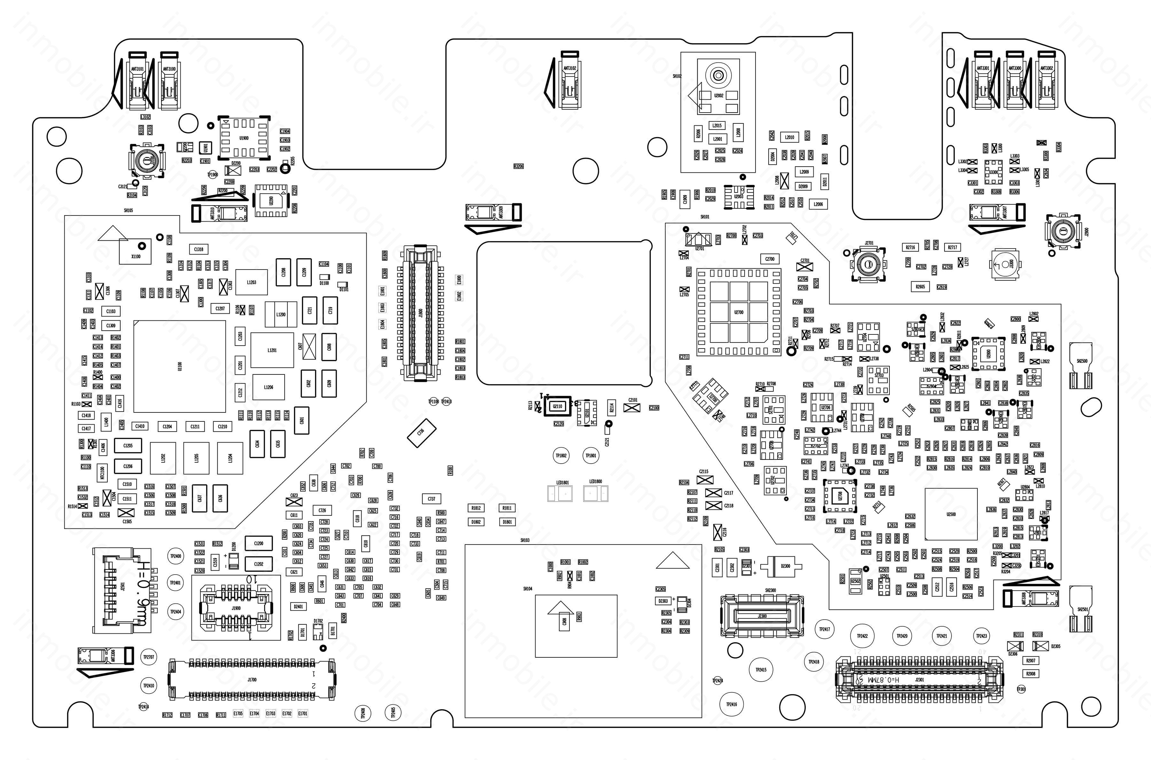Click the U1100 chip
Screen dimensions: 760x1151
[179, 366]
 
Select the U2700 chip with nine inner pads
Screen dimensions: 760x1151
[738, 312]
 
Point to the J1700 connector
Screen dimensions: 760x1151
[252, 679]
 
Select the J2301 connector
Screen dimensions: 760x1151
[919, 680]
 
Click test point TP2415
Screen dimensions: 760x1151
[761, 670]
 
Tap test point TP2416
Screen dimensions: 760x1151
[731, 704]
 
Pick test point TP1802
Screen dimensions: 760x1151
[561, 456]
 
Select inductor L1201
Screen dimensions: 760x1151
[272, 350]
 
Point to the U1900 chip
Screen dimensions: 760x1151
[244, 138]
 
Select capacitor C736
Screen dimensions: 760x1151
[421, 430]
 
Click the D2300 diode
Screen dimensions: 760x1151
[785, 566]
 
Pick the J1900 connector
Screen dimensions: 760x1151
[236, 608]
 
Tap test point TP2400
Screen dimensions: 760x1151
[176, 556]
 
